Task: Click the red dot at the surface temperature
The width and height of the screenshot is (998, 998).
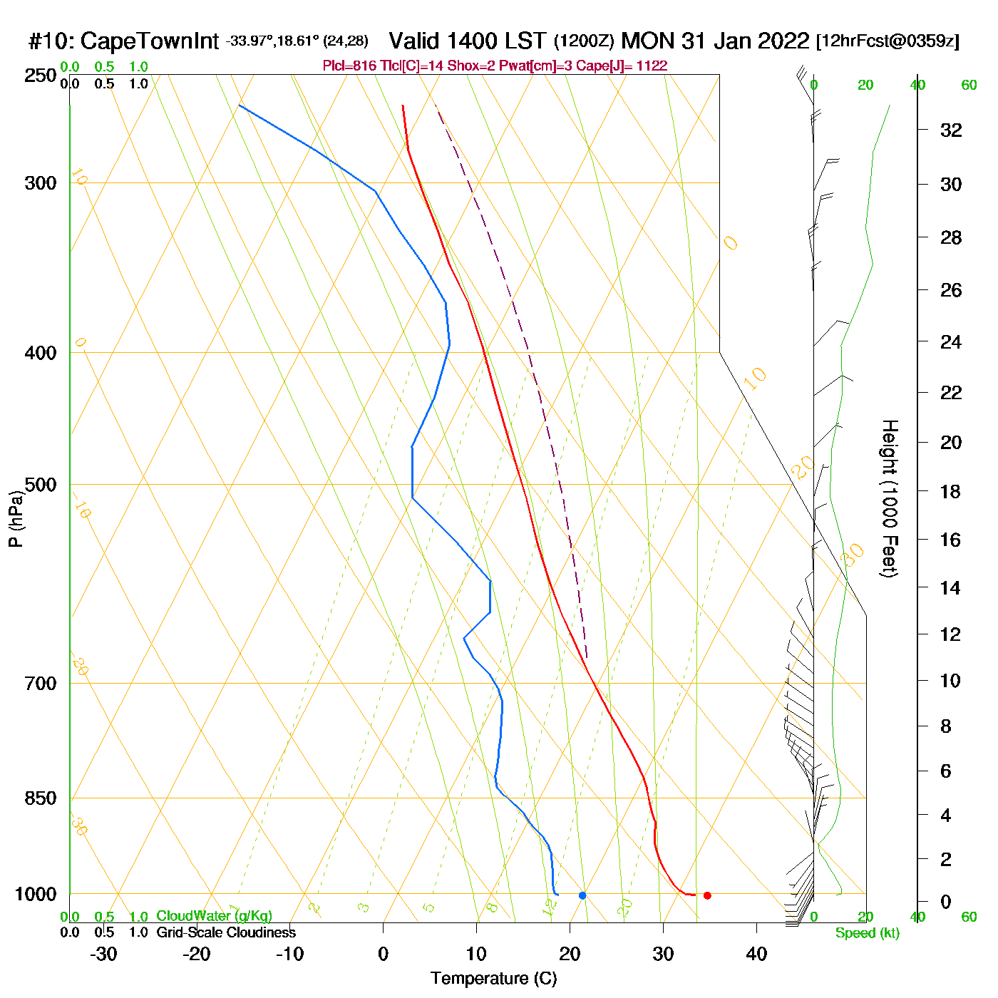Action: click(707, 895)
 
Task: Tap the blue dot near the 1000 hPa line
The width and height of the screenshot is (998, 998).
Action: click(582, 895)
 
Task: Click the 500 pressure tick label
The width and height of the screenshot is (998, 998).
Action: click(41, 485)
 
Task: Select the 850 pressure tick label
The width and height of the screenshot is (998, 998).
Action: click(41, 798)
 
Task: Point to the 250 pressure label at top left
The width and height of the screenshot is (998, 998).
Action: click(41, 76)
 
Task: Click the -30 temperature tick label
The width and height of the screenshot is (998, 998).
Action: click(103, 954)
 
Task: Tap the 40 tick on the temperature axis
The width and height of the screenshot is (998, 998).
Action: click(756, 954)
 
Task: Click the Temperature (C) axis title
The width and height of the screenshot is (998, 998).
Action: click(493, 979)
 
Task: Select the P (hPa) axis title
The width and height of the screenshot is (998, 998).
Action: click(16, 518)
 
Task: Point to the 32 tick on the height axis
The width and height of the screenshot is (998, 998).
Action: click(951, 130)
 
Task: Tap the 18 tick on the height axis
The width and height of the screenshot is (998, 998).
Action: click(951, 491)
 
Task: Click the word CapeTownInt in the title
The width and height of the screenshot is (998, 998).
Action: click(149, 41)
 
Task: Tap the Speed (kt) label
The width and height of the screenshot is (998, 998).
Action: click(868, 933)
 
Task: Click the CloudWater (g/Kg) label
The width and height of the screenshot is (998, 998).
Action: click(214, 916)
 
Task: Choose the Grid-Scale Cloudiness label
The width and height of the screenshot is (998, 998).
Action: click(226, 932)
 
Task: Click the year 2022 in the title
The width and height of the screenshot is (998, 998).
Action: click(783, 41)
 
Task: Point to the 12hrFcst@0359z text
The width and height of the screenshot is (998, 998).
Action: click(888, 41)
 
